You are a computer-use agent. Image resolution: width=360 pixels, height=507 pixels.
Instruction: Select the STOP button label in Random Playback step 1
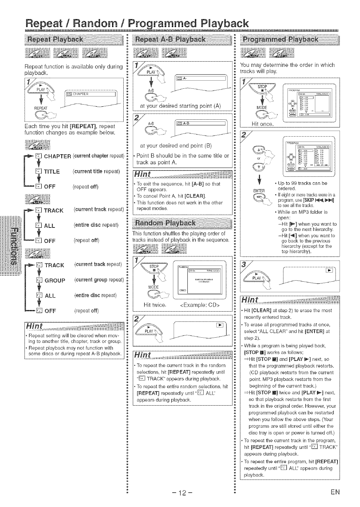pos(154,267)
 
